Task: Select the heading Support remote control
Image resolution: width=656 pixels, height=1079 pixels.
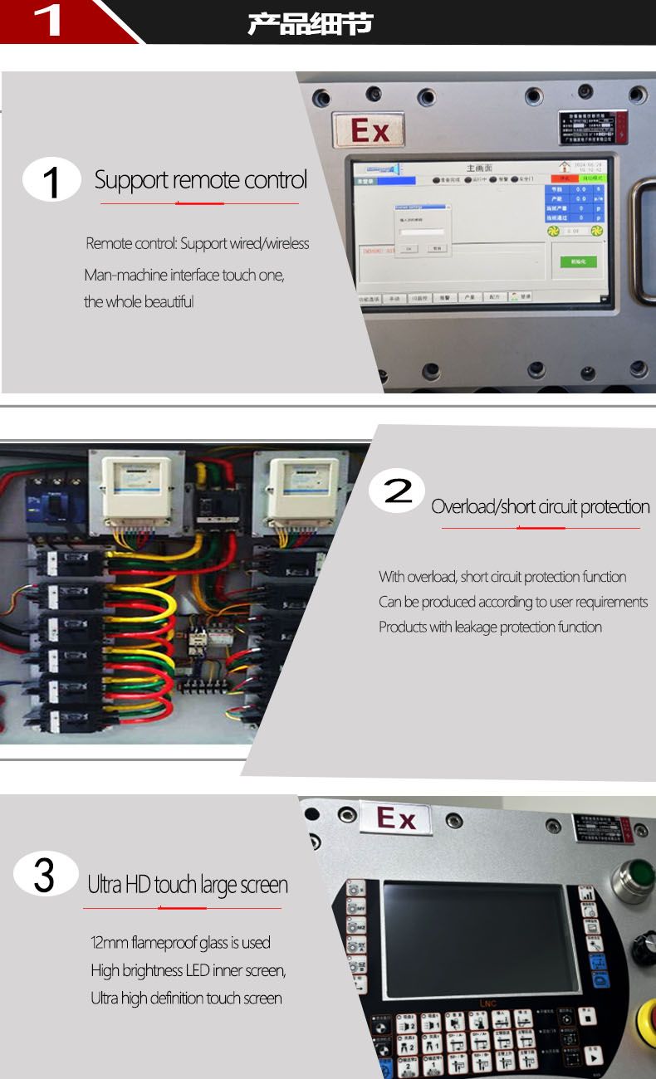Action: [x=200, y=180]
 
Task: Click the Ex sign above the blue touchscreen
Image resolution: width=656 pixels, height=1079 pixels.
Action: [x=369, y=130]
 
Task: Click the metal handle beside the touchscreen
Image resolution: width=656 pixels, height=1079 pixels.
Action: [x=642, y=241]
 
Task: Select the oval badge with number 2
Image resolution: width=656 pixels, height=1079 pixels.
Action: [x=396, y=492]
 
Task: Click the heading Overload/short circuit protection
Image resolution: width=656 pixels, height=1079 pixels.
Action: [x=540, y=507]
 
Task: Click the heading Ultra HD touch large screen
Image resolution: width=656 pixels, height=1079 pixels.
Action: [x=188, y=886]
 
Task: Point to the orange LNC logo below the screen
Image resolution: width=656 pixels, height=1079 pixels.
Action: [x=488, y=1003]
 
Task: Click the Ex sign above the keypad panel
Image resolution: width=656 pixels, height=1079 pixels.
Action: [x=397, y=820]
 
